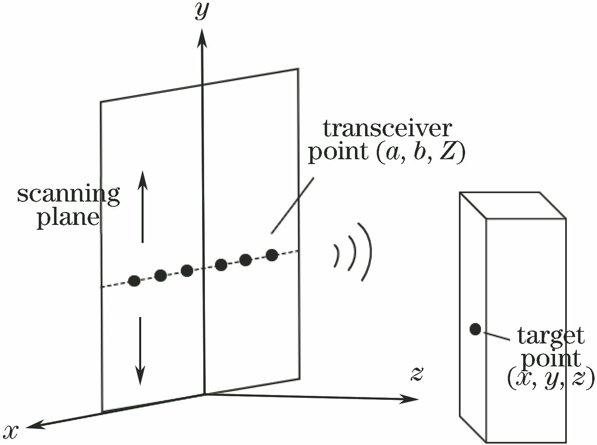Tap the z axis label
coord(417,373)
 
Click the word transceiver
coord(387,129)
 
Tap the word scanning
coord(69,195)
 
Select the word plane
coord(68,218)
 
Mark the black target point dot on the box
coord(475,329)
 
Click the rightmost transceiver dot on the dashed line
coord(272,255)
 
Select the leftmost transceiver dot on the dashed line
coord(134,281)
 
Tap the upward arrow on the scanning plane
coord(142,206)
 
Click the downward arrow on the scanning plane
coord(140,351)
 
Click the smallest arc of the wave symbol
coord(336,256)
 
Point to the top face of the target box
coord(512,206)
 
